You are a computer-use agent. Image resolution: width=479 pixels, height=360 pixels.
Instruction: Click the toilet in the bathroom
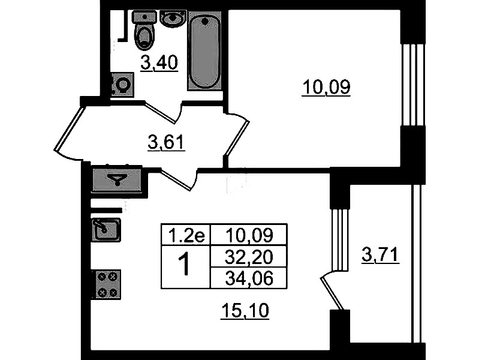click(144, 30)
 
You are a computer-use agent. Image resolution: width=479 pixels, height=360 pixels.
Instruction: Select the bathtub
click(204, 50)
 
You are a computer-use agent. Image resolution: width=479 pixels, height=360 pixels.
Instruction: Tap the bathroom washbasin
click(173, 19)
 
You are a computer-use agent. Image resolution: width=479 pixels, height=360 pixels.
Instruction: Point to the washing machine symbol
click(122, 85)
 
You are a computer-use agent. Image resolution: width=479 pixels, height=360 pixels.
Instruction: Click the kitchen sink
click(106, 229)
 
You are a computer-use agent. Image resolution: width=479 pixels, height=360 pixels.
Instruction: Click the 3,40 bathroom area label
click(159, 63)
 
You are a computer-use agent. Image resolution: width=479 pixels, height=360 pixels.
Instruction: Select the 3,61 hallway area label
click(167, 143)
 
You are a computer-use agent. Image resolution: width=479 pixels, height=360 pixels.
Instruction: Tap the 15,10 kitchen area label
click(245, 311)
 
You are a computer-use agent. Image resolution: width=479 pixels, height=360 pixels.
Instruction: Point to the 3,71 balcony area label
click(381, 255)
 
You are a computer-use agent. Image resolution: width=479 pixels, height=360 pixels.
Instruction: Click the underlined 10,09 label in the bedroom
click(326, 87)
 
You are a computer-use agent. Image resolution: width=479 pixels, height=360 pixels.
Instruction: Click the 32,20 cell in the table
click(249, 257)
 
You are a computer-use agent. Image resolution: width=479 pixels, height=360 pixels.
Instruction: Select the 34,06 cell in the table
click(249, 278)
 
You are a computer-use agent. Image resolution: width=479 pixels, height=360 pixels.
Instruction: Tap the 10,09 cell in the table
click(249, 235)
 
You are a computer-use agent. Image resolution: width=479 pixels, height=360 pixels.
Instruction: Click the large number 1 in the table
click(185, 265)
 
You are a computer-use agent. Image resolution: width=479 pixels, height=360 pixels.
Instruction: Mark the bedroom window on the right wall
click(413, 85)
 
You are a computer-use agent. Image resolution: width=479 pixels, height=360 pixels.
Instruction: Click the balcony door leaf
click(332, 293)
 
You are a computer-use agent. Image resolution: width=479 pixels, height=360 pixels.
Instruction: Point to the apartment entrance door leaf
click(68, 128)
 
